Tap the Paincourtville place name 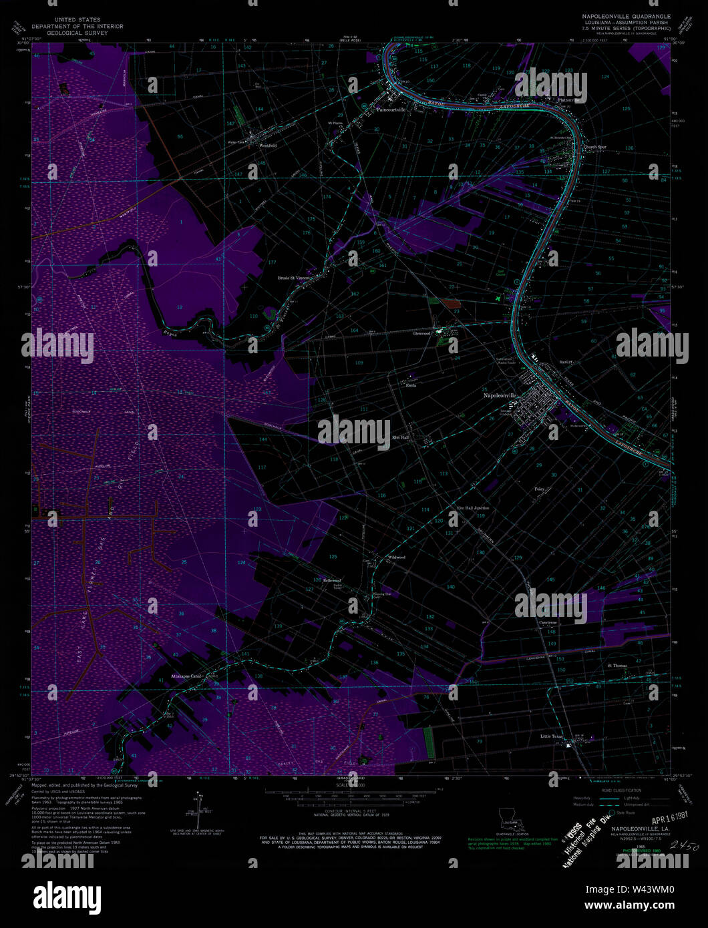(391, 109)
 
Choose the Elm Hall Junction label (473, 508)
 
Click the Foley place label (540, 489)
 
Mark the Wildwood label (397, 557)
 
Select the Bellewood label (332, 580)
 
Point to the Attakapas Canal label (186, 676)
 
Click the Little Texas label (552, 736)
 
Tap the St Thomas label (617, 666)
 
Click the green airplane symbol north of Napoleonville (499, 298)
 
